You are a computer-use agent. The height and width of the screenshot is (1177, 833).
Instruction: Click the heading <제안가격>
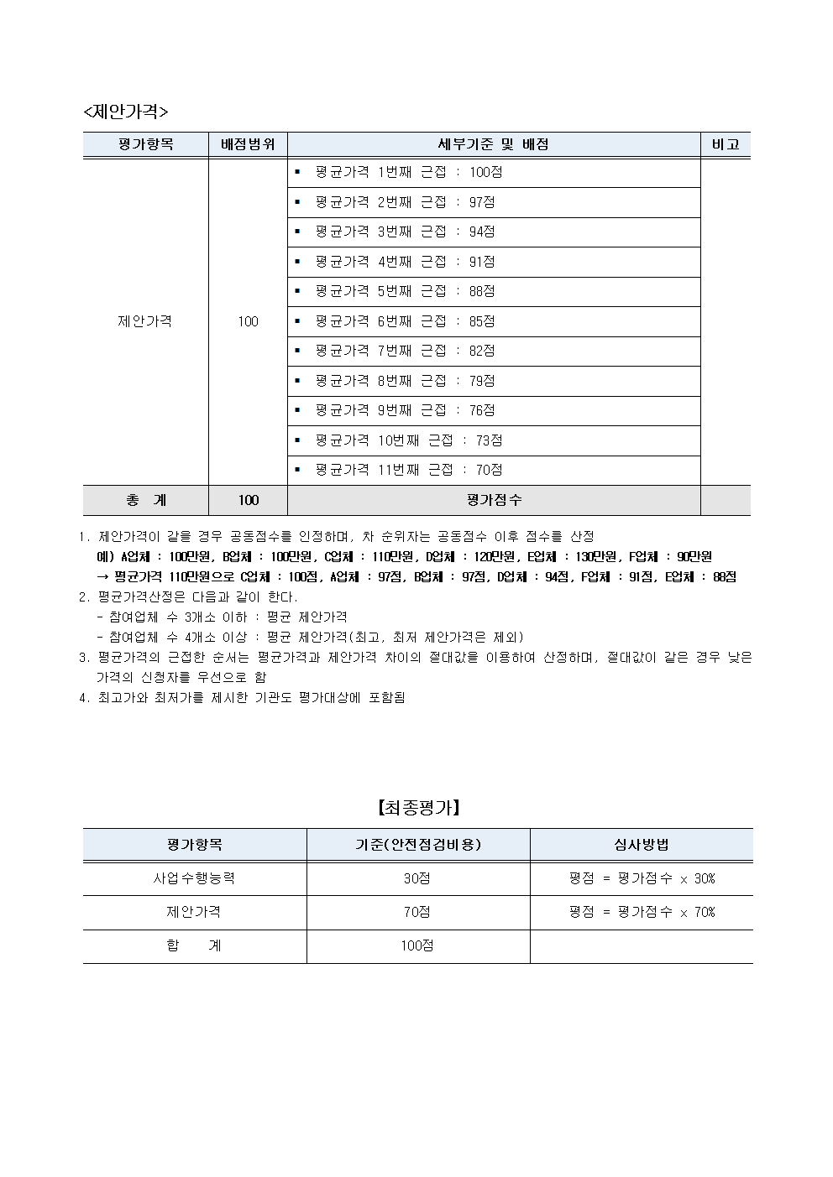point(126,112)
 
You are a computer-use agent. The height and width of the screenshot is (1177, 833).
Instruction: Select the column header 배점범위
point(248,144)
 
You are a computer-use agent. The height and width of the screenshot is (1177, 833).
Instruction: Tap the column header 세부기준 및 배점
point(494,144)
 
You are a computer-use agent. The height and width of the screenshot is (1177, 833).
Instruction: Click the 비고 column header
point(726,144)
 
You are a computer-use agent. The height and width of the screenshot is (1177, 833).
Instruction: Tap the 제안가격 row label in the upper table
point(145,321)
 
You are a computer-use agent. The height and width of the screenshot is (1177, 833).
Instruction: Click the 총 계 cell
point(146,500)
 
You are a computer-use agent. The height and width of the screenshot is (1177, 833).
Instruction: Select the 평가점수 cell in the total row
point(494,500)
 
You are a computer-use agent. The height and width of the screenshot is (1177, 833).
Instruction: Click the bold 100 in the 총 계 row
point(248,500)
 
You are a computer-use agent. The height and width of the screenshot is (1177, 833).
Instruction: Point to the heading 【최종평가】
point(417,808)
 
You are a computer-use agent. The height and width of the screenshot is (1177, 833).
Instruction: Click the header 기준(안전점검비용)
point(417,845)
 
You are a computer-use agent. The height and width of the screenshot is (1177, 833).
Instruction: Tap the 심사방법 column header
point(642,845)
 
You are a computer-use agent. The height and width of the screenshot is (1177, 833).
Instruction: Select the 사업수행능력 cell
point(194,878)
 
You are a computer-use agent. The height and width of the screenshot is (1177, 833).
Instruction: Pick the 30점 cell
point(417,878)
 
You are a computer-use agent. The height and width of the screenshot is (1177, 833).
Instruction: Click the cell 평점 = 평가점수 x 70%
point(642,912)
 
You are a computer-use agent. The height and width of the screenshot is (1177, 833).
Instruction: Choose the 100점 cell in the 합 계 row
point(417,945)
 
